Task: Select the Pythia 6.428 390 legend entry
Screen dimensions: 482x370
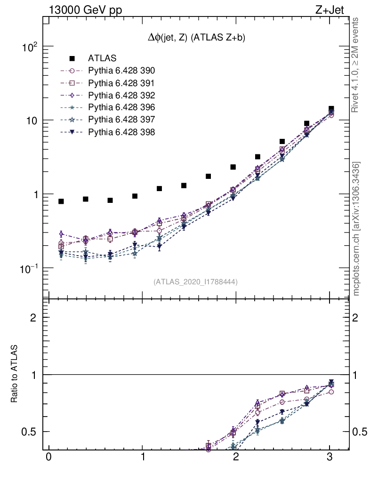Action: coord(121,71)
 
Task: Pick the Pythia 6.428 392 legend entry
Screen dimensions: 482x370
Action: coord(121,95)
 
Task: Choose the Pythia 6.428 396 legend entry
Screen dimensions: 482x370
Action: coord(121,107)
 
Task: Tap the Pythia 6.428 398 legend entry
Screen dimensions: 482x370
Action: coord(121,132)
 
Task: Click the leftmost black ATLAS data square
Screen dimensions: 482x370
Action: coord(61,201)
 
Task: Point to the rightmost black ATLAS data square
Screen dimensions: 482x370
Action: coord(331,109)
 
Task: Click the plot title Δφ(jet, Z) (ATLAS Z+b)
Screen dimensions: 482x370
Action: coord(197,38)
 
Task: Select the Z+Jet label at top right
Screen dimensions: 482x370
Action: coord(331,10)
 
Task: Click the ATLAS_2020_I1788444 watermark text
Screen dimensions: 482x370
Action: coord(195,282)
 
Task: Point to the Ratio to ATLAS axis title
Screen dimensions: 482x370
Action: coord(15,374)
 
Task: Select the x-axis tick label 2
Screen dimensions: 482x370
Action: coord(236,458)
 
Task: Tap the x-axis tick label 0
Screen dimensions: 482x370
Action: coord(48,458)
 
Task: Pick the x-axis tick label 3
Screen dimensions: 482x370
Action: coord(330,458)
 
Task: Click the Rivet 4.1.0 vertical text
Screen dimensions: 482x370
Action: coord(355,65)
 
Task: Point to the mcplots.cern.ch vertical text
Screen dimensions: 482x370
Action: coord(356,228)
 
